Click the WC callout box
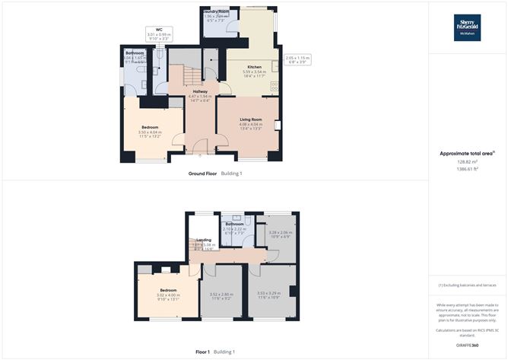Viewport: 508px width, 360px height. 160,34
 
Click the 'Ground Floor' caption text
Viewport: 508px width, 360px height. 202,174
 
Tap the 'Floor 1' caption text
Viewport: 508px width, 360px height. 203,352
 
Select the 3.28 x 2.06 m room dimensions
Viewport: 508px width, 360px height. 281,234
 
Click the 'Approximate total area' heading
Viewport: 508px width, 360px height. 467,153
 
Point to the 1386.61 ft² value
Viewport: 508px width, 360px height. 468,168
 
